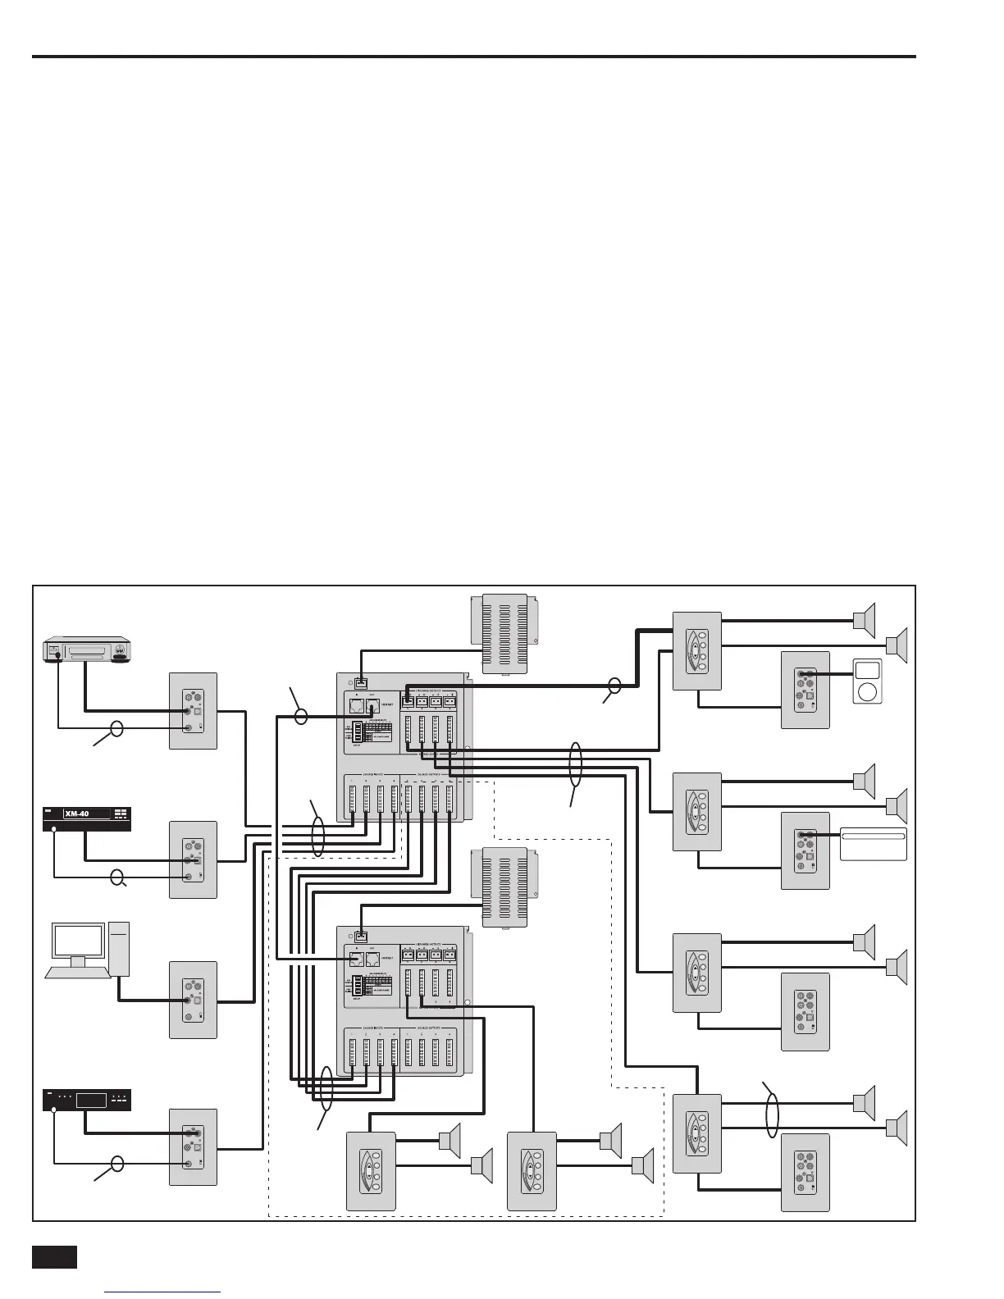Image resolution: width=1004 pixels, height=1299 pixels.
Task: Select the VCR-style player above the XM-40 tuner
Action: coord(86,651)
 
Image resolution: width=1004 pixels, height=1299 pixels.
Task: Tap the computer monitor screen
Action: coord(78,941)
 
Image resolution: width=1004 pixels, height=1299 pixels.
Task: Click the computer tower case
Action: coord(119,948)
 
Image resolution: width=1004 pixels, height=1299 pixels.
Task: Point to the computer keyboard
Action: coord(78,973)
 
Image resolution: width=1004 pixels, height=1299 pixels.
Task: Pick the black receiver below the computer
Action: coord(86,1100)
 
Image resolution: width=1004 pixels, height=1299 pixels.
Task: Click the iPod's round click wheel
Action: coord(866,692)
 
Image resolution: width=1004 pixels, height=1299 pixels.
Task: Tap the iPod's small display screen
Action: coord(866,670)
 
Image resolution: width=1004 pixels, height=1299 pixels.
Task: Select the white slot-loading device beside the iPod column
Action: coord(873,844)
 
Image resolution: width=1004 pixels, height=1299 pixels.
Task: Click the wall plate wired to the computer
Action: coord(194,1000)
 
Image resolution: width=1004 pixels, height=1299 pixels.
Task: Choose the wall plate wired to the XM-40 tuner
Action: coord(194,859)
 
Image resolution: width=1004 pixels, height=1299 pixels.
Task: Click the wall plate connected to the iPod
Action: coord(805,690)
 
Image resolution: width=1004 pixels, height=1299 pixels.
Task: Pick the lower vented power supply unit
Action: coord(504,887)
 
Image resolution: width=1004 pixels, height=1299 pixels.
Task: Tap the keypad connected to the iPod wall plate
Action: coord(696,650)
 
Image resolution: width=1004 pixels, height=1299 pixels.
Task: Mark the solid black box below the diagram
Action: coord(54,1257)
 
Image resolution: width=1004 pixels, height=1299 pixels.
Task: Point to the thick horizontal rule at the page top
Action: coord(473,57)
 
